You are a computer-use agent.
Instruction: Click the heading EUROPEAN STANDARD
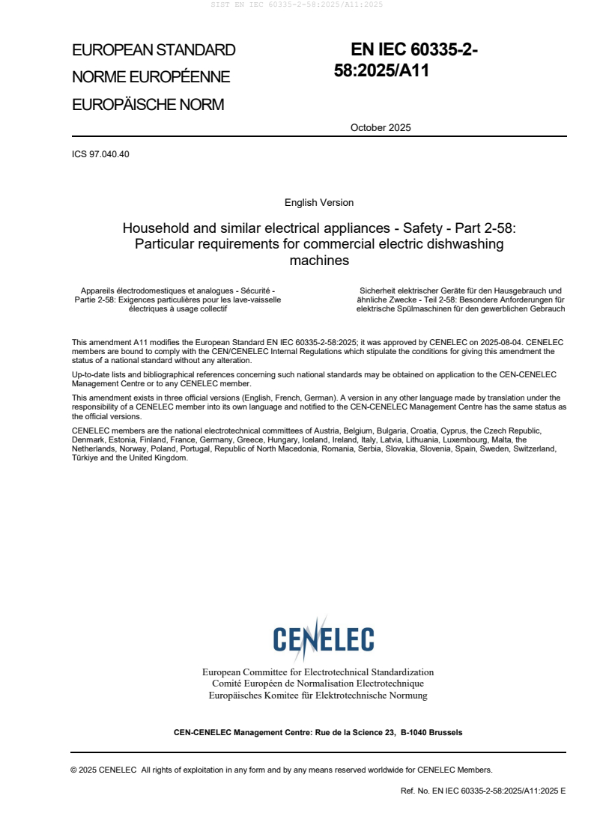tap(154, 50)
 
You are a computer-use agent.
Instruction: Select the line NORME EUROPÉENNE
tap(151, 77)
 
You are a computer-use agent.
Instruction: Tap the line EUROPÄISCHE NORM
tap(148, 105)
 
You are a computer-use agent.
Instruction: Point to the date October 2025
tap(381, 127)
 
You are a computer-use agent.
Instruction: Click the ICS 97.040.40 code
tap(100, 154)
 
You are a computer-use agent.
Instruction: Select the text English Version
tap(319, 203)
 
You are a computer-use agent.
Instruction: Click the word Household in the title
tap(154, 228)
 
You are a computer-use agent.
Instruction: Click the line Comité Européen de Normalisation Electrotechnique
tap(318, 684)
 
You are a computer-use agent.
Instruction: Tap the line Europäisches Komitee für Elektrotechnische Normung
tap(318, 696)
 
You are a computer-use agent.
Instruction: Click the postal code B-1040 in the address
tap(416, 732)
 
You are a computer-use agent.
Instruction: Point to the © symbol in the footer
tap(74, 770)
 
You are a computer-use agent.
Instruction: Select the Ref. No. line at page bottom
tap(483, 791)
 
